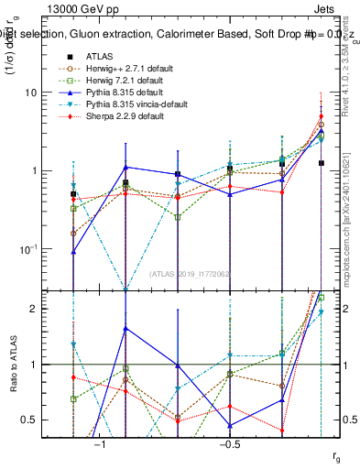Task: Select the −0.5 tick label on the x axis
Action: coord(229,443)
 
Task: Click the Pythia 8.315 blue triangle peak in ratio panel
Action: coord(125,328)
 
